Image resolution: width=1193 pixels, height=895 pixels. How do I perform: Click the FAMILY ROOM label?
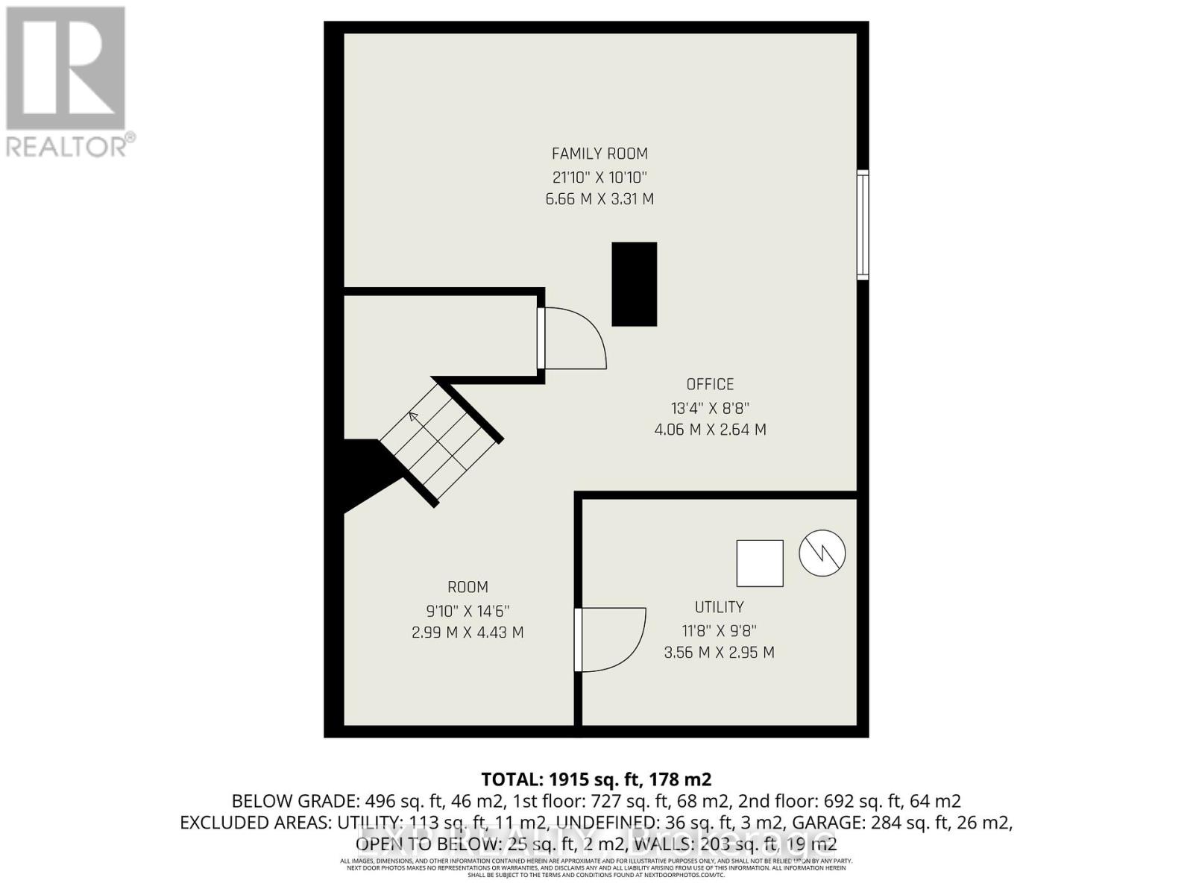tap(599, 154)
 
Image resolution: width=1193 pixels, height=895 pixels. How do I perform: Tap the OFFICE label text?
tap(710, 384)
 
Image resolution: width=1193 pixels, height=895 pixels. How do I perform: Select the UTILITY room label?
tap(719, 607)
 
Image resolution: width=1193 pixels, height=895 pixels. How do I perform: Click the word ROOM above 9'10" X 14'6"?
tap(468, 587)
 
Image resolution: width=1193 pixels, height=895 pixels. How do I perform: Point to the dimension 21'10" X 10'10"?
tap(599, 178)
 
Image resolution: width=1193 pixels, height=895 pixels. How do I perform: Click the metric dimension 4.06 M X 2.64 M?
tap(710, 430)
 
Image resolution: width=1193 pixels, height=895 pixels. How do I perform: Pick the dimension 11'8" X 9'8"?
tap(719, 631)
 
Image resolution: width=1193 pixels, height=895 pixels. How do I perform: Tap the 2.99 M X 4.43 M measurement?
tap(468, 632)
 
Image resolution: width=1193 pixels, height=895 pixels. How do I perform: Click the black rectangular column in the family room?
tap(634, 284)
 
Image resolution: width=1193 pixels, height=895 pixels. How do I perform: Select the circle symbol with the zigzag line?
tap(822, 553)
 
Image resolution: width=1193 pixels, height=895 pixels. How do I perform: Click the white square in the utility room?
tap(760, 563)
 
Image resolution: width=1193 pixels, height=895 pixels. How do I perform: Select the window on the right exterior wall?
tap(863, 224)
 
